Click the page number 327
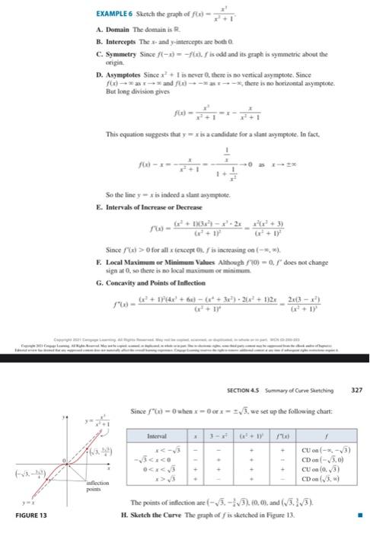[357, 388]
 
